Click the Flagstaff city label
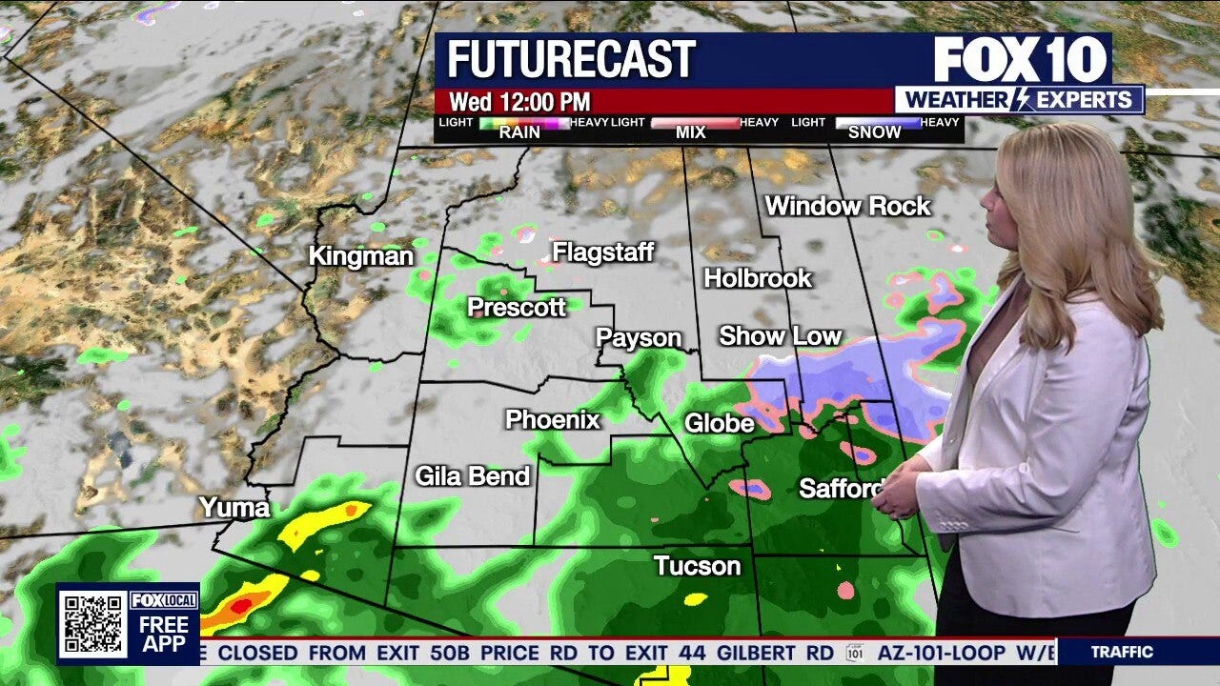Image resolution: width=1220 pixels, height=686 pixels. [603, 252]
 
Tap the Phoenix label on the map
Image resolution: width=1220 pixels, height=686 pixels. [553, 419]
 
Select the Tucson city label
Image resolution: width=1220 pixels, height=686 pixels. [697, 566]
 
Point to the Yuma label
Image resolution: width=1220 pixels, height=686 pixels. [234, 508]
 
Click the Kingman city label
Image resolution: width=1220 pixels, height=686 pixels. [360, 256]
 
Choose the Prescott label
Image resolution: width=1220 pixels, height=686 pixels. [517, 307]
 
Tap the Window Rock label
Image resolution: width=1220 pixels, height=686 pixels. [847, 206]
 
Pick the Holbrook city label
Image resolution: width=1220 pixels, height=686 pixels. [758, 278]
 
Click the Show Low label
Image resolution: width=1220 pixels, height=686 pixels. [780, 335]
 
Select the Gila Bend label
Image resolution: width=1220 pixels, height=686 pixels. [472, 475]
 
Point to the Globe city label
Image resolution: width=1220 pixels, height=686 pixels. [719, 423]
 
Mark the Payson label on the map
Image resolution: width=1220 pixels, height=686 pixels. [639, 338]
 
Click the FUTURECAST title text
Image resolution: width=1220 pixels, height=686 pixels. [571, 60]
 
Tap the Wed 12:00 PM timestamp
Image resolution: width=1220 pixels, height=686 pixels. [519, 101]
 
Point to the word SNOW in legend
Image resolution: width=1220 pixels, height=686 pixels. [874, 132]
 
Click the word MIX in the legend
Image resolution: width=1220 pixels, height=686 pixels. [691, 132]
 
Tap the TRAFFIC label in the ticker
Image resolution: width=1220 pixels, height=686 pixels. [1122, 653]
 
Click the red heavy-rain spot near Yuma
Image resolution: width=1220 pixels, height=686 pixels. [240, 604]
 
